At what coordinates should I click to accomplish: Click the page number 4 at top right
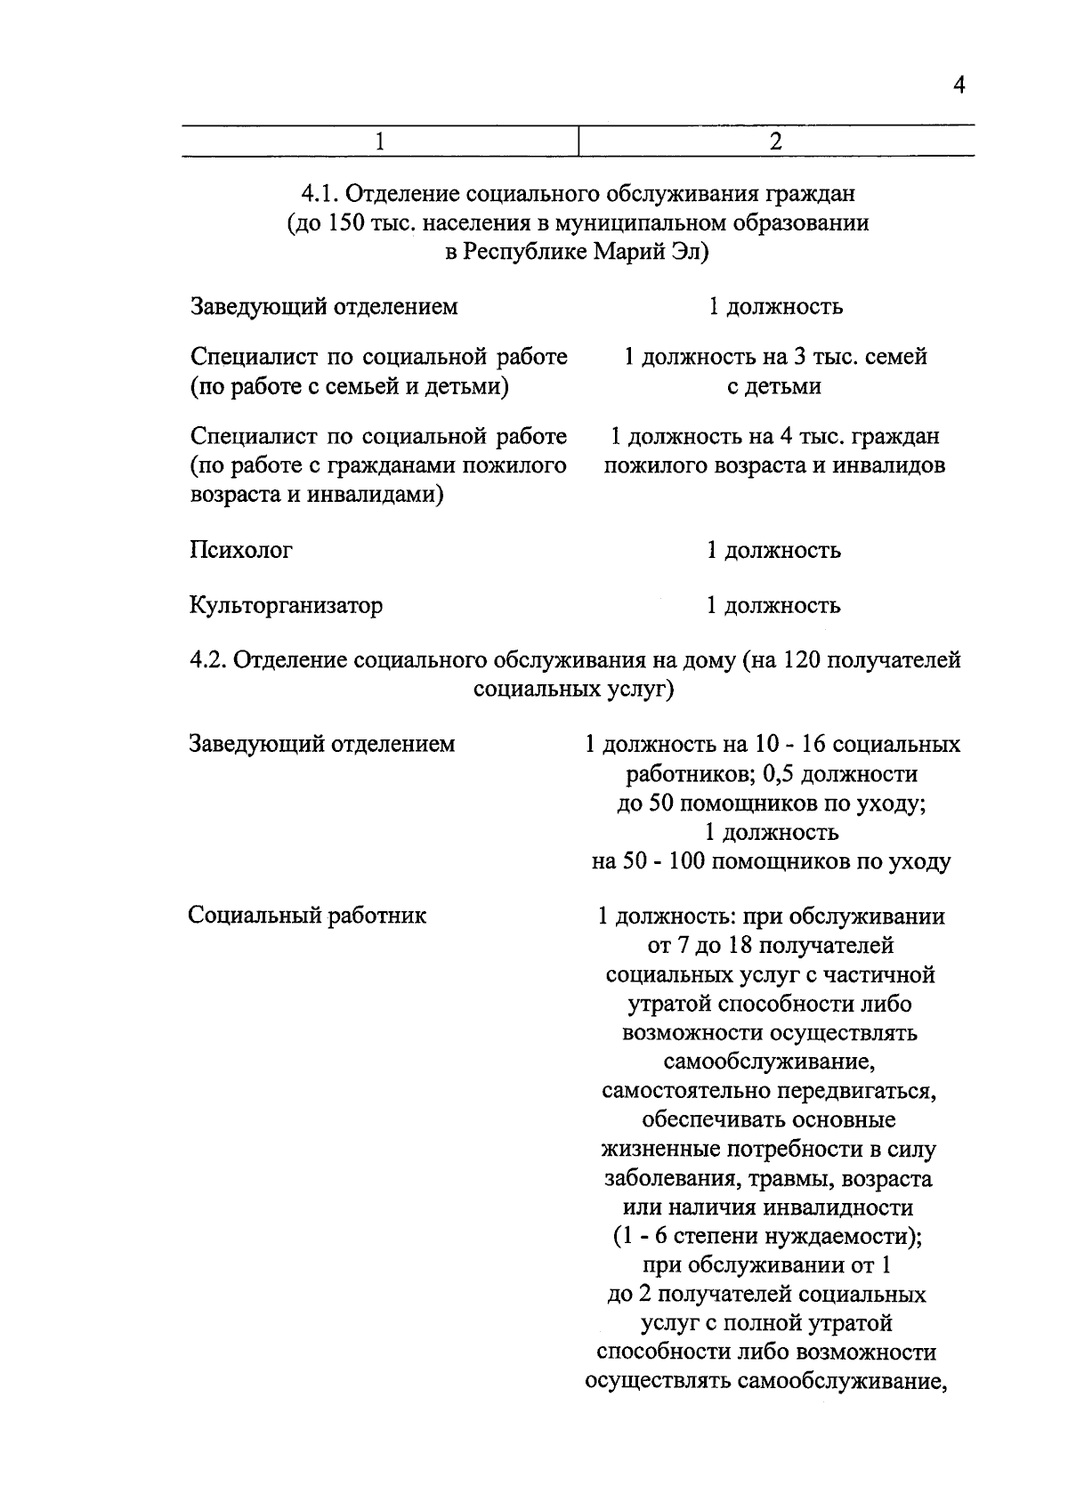pyautogui.click(x=959, y=86)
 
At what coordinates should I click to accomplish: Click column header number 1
pyautogui.click(x=380, y=142)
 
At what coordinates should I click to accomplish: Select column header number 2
pyautogui.click(x=776, y=142)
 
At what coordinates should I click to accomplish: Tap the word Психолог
pyautogui.click(x=241, y=550)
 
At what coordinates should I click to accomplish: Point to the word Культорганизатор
pyautogui.click(x=286, y=606)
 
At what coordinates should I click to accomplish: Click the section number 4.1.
pyautogui.click(x=319, y=193)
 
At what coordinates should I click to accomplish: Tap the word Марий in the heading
pyautogui.click(x=625, y=252)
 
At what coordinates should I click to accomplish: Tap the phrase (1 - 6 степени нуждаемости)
pyautogui.click(x=771, y=1236)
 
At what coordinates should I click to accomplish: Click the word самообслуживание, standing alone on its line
pyautogui.click(x=771, y=1062)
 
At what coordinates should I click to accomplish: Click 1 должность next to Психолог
pyautogui.click(x=773, y=551)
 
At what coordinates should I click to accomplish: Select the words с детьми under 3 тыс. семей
pyautogui.click(x=773, y=386)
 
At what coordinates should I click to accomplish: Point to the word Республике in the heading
pyautogui.click(x=522, y=252)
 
